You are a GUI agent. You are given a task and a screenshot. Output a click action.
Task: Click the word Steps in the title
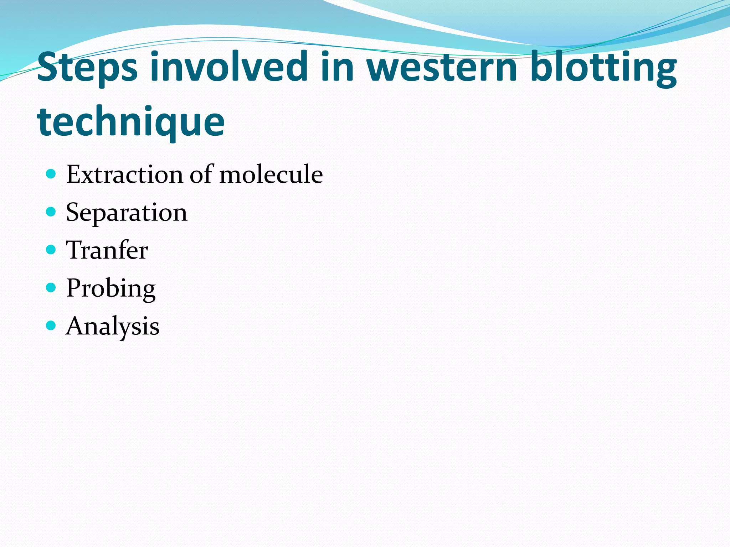pyautogui.click(x=87, y=68)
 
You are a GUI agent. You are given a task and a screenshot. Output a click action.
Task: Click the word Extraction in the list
pyautogui.click(x=125, y=174)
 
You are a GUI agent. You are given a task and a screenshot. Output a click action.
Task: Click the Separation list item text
pyautogui.click(x=127, y=213)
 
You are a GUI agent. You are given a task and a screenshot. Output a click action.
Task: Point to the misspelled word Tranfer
pyautogui.click(x=107, y=250)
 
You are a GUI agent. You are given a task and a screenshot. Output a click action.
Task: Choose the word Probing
pyautogui.click(x=111, y=288)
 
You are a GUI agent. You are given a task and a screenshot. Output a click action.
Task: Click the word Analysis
pyautogui.click(x=113, y=326)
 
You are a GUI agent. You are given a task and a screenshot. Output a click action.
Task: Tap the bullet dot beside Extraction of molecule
pyautogui.click(x=51, y=174)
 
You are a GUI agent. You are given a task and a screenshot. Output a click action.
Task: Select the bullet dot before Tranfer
pyautogui.click(x=51, y=250)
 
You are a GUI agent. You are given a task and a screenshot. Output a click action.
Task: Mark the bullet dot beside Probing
pyautogui.click(x=51, y=287)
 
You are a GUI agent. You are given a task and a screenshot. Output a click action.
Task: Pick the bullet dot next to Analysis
pyautogui.click(x=51, y=325)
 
